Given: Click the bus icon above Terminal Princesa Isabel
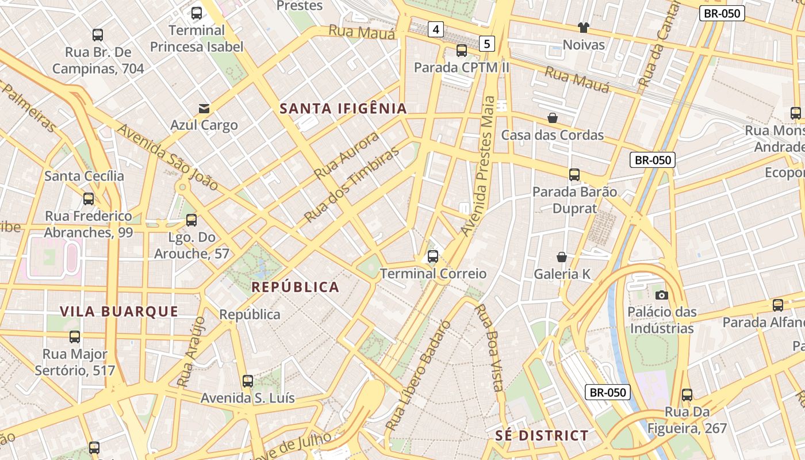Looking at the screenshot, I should point(197,13).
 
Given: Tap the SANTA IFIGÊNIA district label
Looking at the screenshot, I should point(343,108).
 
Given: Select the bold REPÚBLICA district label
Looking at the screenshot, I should point(296,287).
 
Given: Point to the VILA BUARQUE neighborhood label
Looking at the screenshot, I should point(119,312).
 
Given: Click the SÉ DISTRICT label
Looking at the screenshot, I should point(542,435).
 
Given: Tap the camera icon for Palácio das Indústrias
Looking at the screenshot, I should point(662,295).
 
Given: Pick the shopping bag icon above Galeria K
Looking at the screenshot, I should point(562,257).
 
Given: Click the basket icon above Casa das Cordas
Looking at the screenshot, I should point(553,118).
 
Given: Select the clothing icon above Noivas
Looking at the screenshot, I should point(584,28).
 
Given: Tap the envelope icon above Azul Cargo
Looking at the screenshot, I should point(204,108).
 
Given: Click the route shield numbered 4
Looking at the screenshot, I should point(436,29).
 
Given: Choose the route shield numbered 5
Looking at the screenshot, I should point(487,43).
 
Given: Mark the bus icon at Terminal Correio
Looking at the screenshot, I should point(433,256).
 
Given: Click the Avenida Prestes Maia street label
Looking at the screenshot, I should point(478,167).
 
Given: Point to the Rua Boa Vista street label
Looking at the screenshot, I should point(489,347).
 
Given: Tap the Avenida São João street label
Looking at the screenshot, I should point(167,156).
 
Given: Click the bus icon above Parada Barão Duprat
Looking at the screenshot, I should point(574,175).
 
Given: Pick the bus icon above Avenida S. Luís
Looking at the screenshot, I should point(248,381).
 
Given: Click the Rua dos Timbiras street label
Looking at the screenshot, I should point(351,185).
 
